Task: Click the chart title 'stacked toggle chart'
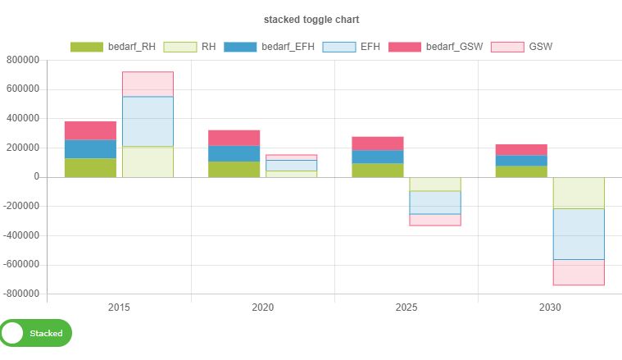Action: pos(311,19)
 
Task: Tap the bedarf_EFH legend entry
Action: pos(270,47)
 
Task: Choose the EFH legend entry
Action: pos(352,47)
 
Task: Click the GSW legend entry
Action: pos(520,47)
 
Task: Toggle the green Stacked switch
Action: pos(36,334)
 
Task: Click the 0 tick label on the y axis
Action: pos(36,177)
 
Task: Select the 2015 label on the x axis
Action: pos(119,308)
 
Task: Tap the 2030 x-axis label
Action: pos(550,308)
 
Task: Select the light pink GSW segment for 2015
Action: pos(148,84)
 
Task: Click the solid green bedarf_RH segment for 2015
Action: pos(90,167)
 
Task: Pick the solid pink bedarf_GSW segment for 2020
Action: pos(234,138)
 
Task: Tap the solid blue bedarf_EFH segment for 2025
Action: pos(377,157)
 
